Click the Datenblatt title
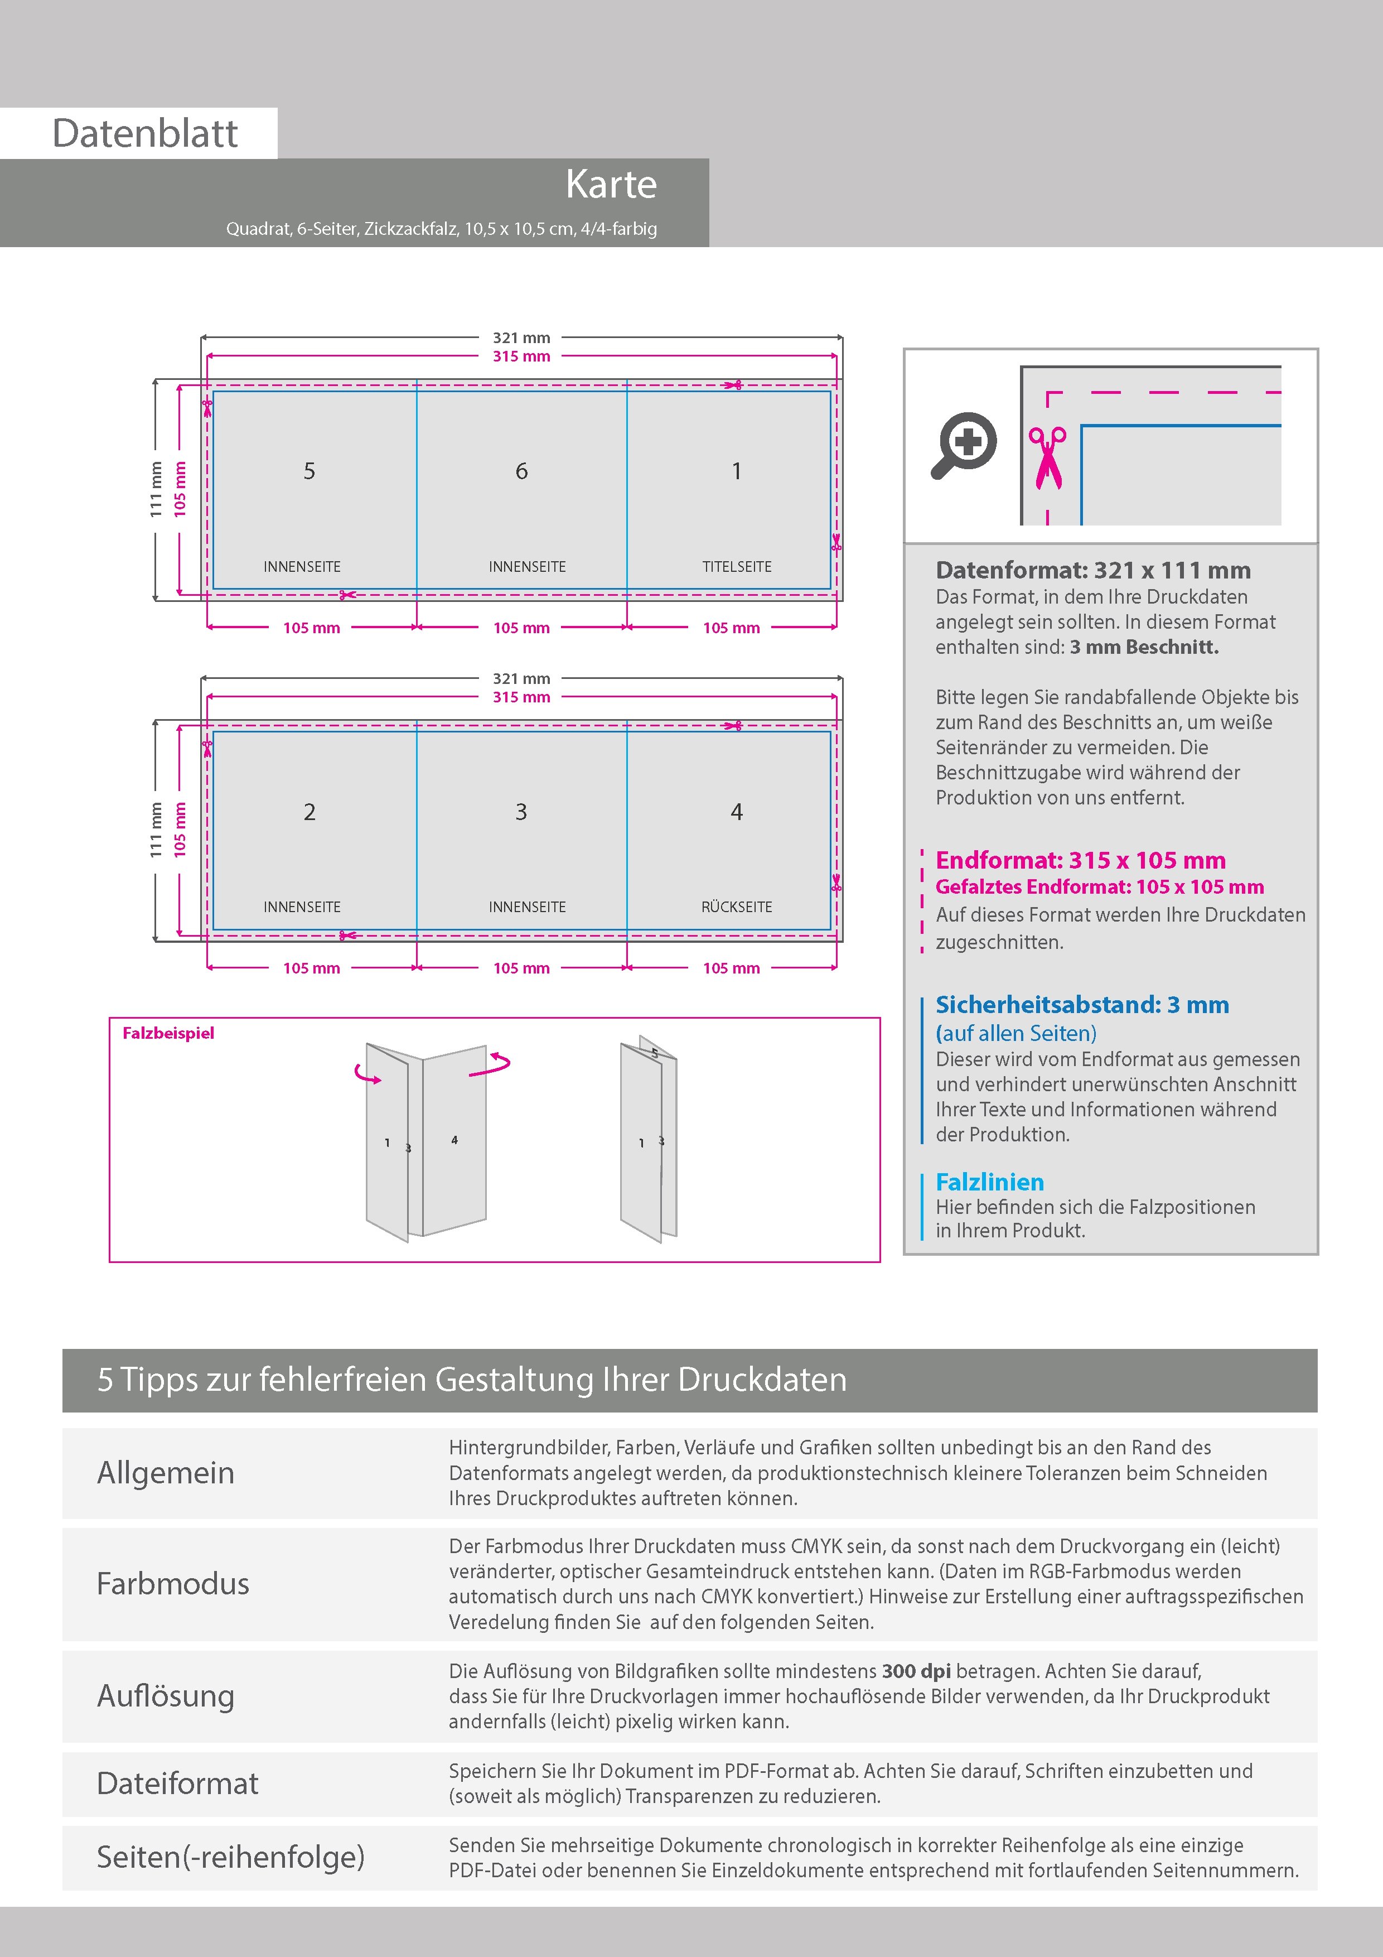145,133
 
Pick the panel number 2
310,812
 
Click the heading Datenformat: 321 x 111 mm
1092,570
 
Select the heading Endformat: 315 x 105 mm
1080,860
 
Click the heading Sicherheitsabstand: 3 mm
1081,1005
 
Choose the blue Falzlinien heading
989,1182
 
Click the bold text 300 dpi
916,1671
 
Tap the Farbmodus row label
173,1584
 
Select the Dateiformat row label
177,1783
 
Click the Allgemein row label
165,1473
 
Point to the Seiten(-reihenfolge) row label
230,1857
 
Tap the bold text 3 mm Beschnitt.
1144,647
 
